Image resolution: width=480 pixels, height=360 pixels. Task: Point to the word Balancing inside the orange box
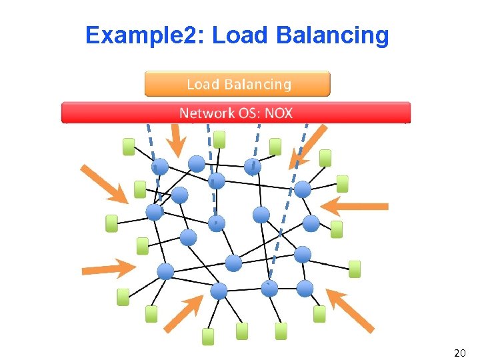tap(257, 84)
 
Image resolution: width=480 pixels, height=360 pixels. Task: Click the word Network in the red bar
tap(205, 113)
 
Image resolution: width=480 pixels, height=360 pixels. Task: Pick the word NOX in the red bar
tap(279, 113)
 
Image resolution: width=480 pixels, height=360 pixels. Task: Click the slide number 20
tap(459, 352)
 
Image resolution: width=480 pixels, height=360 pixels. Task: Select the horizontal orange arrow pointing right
tap(108, 269)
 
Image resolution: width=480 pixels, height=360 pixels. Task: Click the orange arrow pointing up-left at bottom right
tap(350, 311)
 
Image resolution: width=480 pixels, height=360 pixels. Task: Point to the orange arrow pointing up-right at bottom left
tap(183, 313)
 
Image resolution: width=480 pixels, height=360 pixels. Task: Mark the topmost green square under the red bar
tap(219, 139)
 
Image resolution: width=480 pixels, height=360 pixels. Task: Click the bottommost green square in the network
tap(209, 337)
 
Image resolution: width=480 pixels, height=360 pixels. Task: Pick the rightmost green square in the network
tap(355, 269)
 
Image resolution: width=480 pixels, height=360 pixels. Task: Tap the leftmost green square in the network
tap(111, 223)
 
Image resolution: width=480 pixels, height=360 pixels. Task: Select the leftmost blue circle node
tap(155, 212)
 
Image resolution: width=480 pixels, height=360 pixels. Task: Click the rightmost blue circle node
tap(311, 223)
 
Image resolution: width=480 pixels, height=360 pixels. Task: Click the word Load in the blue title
tap(239, 35)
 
